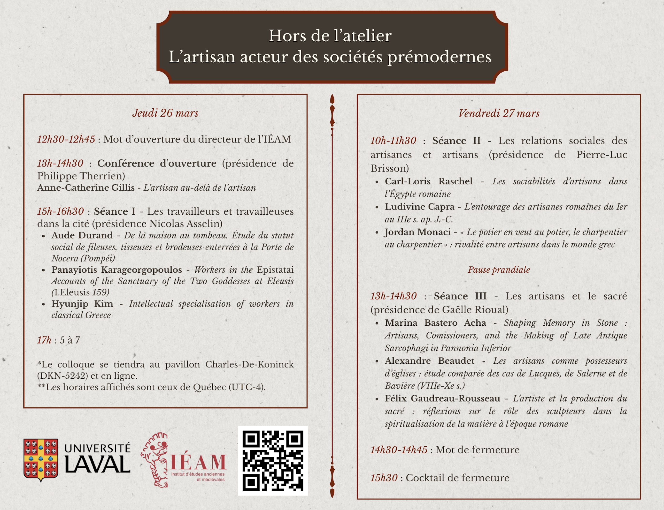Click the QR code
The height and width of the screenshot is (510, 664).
pyautogui.click(x=273, y=460)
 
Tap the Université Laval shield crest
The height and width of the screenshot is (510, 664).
pyautogui.click(x=41, y=460)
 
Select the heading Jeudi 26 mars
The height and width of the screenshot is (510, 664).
pyautogui.click(x=165, y=113)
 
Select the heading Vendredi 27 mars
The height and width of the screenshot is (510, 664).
pyautogui.click(x=499, y=113)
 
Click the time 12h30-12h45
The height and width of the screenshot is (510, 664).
pyautogui.click(x=66, y=139)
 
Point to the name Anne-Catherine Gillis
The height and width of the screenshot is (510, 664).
pyautogui.click(x=86, y=187)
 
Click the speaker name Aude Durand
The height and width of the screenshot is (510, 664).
pyautogui.click(x=82, y=235)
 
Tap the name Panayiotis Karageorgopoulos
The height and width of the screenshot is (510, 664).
pyautogui.click(x=117, y=270)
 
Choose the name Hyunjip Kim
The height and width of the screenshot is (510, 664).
pyautogui.click(x=82, y=304)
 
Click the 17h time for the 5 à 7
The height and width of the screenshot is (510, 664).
pyautogui.click(x=44, y=340)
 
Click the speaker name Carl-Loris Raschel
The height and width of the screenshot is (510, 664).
pyautogui.click(x=428, y=181)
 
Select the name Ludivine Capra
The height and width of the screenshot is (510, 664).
pyautogui.click(x=419, y=207)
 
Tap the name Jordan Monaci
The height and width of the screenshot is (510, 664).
pyautogui.click(x=417, y=232)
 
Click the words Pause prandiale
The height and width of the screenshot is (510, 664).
pyautogui.click(x=499, y=270)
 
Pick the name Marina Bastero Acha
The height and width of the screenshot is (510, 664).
pyautogui.click(x=435, y=323)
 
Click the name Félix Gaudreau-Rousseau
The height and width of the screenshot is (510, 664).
pyautogui.click(x=442, y=399)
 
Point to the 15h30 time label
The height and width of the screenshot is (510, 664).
pyautogui.click(x=384, y=478)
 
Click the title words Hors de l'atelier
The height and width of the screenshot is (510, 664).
pyautogui.click(x=330, y=36)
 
